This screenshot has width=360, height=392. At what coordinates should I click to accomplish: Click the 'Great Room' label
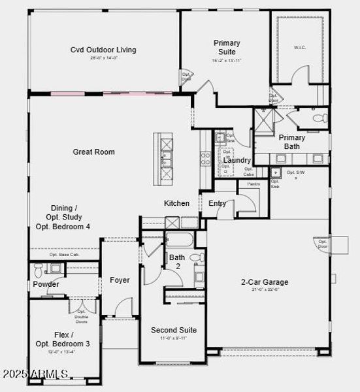pyautogui.click(x=93, y=152)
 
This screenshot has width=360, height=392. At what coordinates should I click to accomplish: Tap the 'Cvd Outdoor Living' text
pyautogui.click(x=103, y=50)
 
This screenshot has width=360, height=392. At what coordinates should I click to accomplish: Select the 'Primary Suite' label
pyautogui.click(x=226, y=47)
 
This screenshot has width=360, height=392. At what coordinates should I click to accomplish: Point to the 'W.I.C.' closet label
pyautogui.click(x=300, y=46)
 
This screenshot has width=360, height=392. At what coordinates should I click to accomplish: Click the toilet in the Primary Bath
pyautogui.click(x=319, y=118)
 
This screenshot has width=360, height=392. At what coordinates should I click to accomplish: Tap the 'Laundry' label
pyautogui.click(x=237, y=160)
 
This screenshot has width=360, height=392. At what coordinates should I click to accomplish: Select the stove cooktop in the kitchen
pyautogui.click(x=205, y=158)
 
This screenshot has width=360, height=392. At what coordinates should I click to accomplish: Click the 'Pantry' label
pyautogui.click(x=253, y=184)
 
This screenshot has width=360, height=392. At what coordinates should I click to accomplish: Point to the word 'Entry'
pyautogui.click(x=218, y=203)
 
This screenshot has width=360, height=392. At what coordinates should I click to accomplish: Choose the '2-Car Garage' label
pyautogui.click(x=265, y=282)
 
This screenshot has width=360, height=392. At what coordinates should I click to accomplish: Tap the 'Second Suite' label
pyautogui.click(x=173, y=330)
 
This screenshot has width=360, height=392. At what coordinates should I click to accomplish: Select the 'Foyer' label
pyautogui.click(x=120, y=280)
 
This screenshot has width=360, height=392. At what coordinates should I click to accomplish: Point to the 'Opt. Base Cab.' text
pyautogui.click(x=63, y=255)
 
